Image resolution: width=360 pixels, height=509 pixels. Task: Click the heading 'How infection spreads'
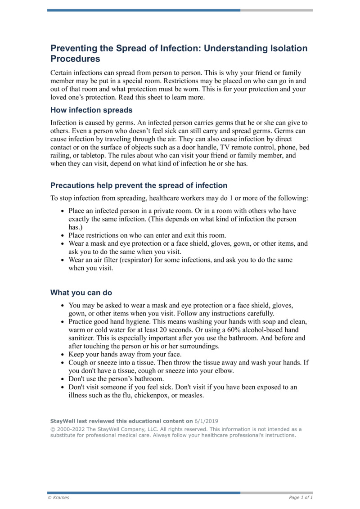[x=91, y=110]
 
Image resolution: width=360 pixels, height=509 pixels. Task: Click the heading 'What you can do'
[x=81, y=293]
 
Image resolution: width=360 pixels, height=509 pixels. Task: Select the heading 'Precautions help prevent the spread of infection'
[x=139, y=185]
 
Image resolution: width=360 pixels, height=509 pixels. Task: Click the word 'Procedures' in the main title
[x=75, y=59]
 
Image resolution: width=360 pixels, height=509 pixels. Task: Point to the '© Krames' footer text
[x=58, y=497]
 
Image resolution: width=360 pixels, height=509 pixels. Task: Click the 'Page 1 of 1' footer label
[x=301, y=497]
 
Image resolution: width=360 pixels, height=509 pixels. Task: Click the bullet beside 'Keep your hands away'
[x=63, y=355]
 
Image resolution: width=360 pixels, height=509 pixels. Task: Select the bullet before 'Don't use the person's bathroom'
[x=63, y=379]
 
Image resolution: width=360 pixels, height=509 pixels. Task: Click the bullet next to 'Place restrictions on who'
[x=63, y=235]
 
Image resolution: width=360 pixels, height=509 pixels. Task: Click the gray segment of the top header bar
[x=276, y=10]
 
